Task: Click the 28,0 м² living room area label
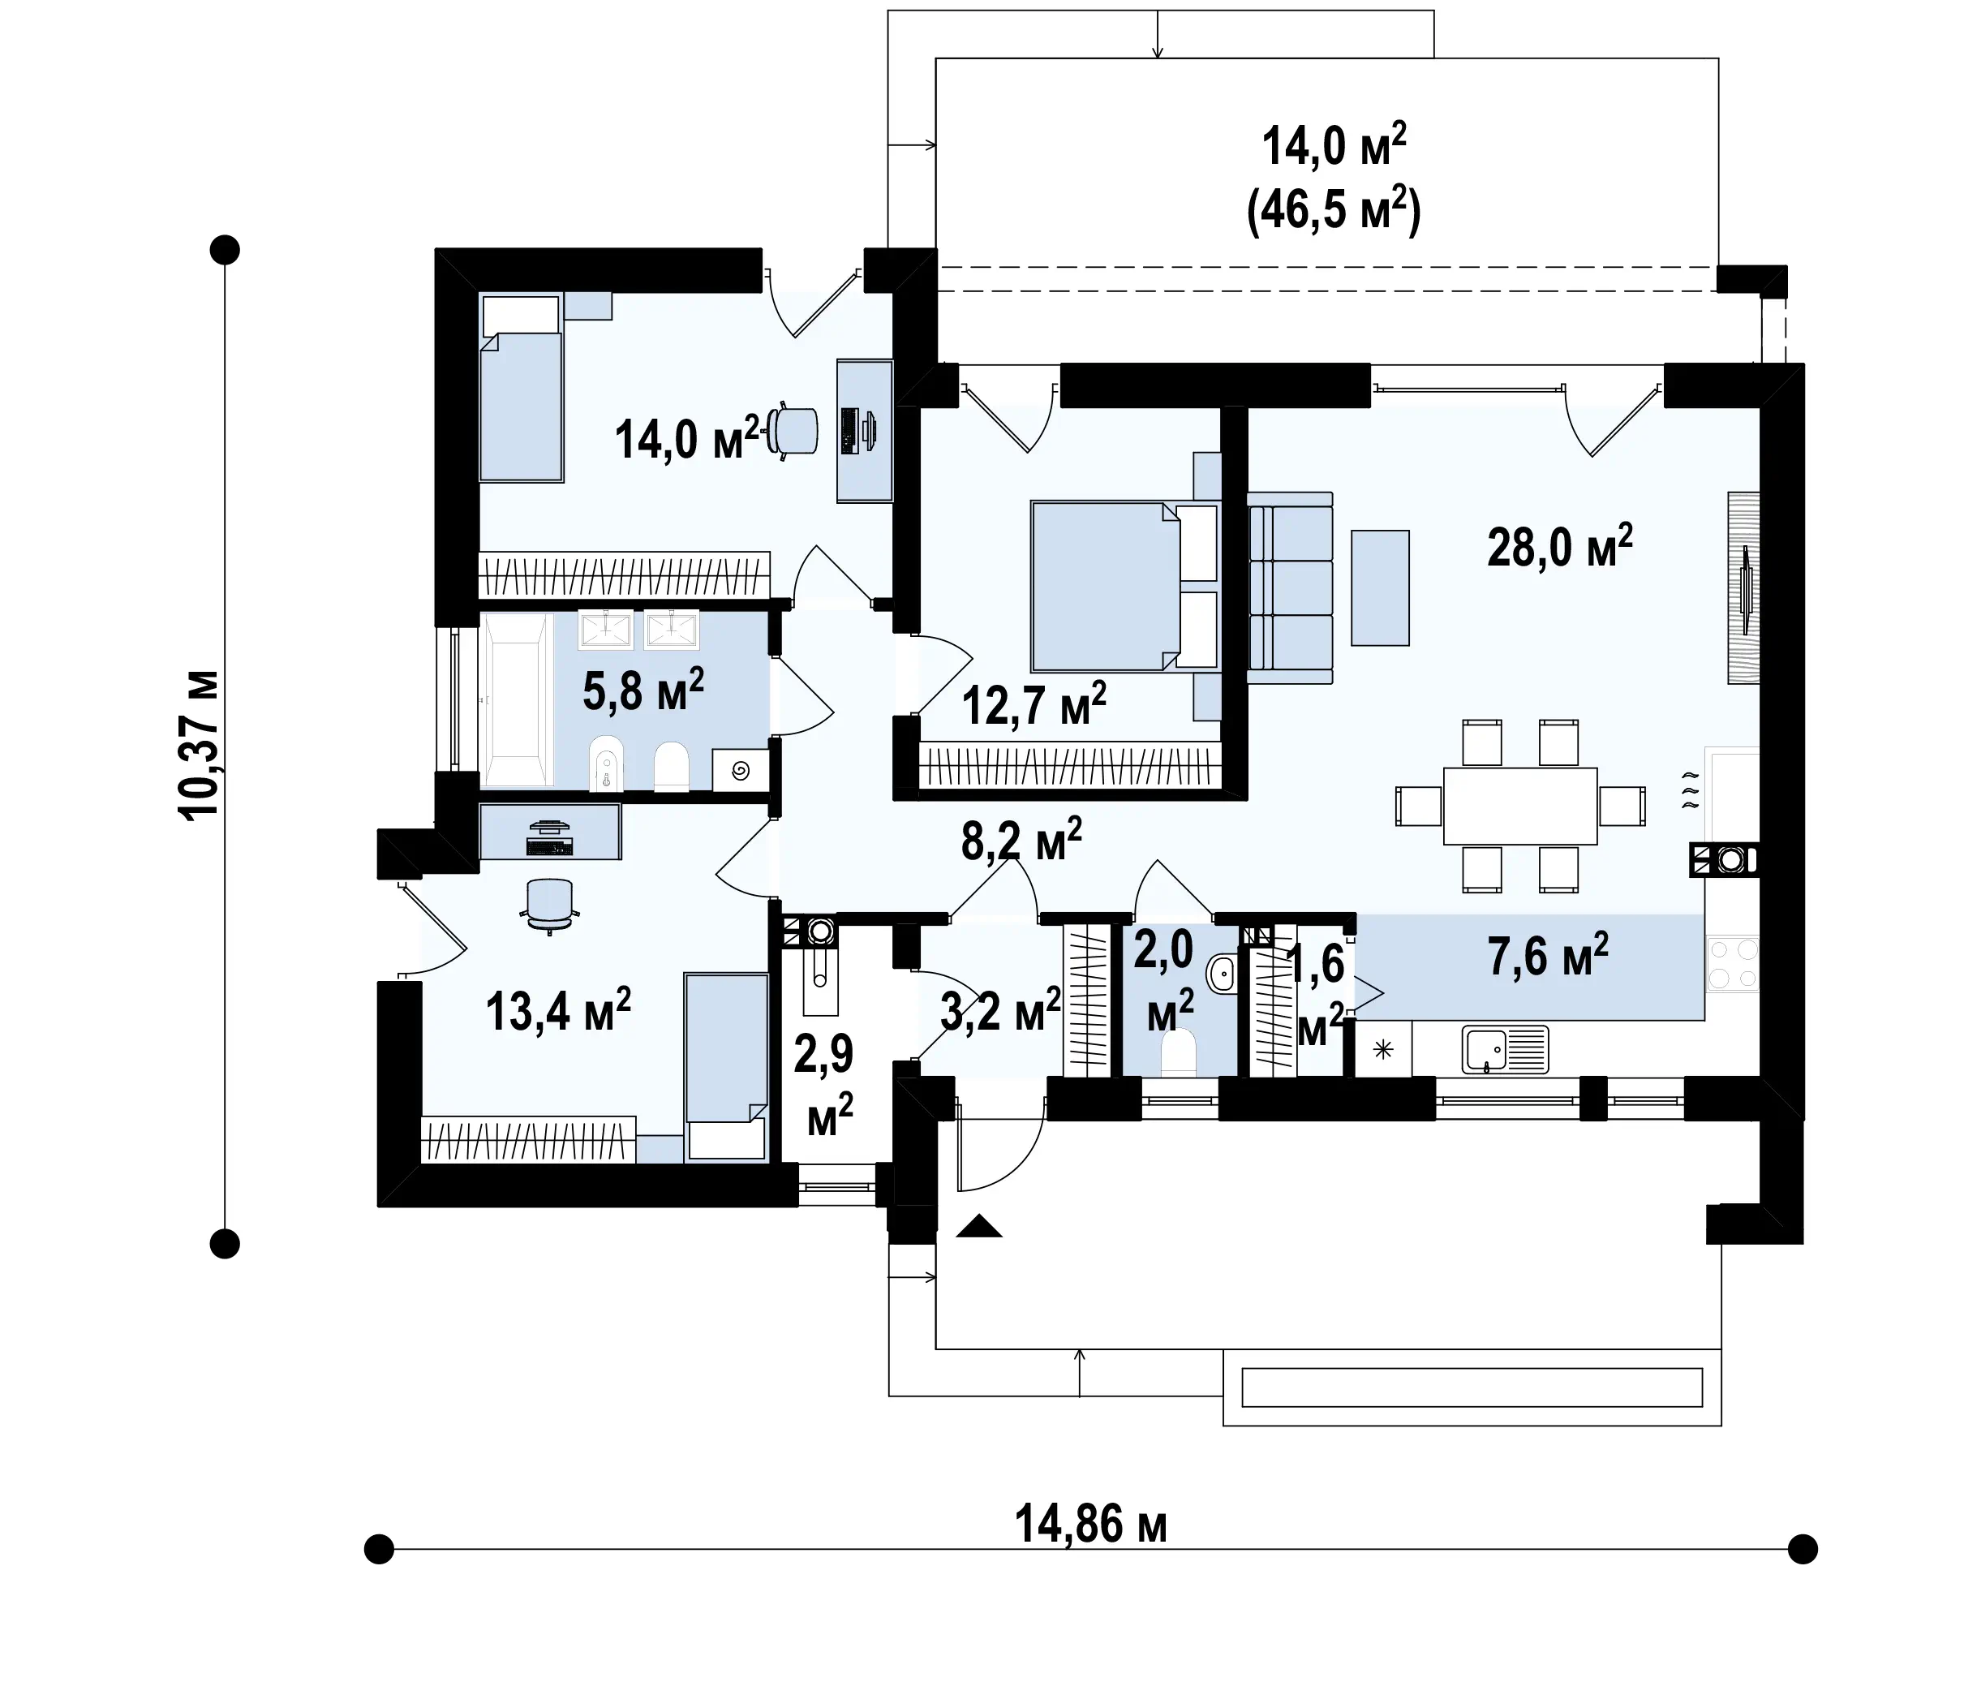tap(1559, 546)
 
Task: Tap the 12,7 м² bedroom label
tap(1034, 704)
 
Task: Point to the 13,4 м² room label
tap(558, 1009)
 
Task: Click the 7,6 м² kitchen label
tap(1548, 955)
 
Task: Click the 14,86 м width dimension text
tap(1091, 1525)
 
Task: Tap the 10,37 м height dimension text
tap(199, 745)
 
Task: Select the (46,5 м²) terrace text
tap(1334, 210)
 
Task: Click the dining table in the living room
tap(1520, 806)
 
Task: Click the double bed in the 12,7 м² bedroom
tap(1124, 587)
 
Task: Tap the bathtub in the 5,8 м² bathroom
tap(517, 699)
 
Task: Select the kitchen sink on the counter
tap(1504, 1049)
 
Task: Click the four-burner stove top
tap(1733, 964)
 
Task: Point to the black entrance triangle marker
tap(979, 1227)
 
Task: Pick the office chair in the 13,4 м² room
tap(550, 906)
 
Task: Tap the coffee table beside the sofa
tap(1380, 587)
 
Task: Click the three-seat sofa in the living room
tap(1290, 587)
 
